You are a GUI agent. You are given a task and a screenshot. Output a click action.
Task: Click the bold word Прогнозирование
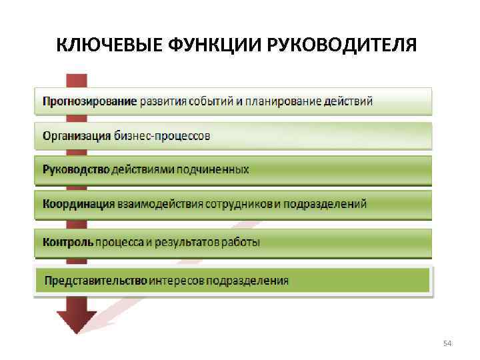pos(90,101)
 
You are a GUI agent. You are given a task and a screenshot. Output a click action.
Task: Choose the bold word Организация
pos(77,136)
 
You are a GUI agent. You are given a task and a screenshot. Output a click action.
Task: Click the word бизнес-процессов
pos(162,136)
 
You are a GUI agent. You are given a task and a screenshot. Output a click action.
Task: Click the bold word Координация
pos(79,203)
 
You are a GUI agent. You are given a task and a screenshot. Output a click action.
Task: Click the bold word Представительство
pos(95,280)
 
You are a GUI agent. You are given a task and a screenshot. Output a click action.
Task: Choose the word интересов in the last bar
pos(176,280)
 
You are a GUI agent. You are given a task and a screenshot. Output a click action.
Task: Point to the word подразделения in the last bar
pos(247,280)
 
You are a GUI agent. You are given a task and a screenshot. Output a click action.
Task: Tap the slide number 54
pos(447,343)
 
